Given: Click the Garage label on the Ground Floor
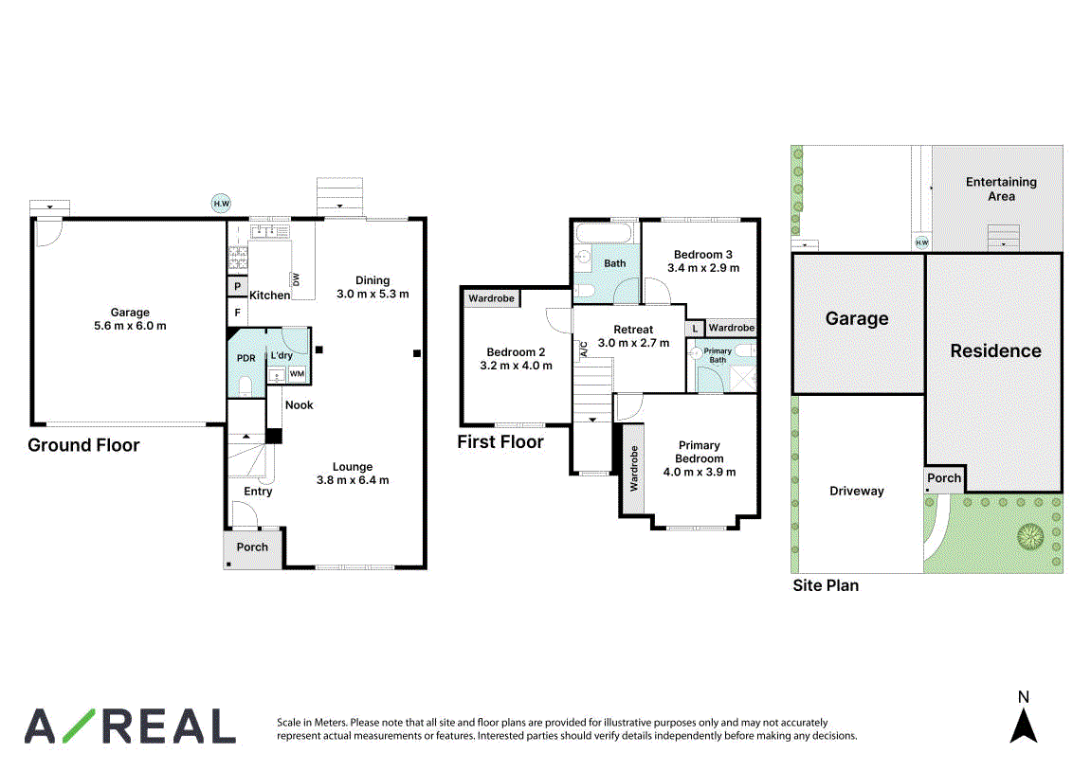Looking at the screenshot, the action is (130, 313).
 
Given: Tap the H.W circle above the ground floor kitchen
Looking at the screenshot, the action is (221, 204).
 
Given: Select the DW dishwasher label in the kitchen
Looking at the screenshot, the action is (297, 279).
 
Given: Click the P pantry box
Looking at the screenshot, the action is (237, 286).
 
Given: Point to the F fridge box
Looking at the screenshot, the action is (237, 313).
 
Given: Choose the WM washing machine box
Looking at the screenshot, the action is (297, 374).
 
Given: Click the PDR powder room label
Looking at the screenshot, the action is (246, 358).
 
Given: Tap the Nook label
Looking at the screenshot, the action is (300, 405).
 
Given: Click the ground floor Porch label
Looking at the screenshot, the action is (252, 547).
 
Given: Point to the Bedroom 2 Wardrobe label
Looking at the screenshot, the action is (491, 298).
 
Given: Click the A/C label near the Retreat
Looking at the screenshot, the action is (584, 349).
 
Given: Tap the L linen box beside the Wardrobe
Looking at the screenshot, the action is (695, 329).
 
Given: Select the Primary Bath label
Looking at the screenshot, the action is (718, 355).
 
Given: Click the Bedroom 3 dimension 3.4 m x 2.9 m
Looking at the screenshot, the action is (703, 268).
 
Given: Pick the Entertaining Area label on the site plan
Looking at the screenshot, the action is (1001, 189).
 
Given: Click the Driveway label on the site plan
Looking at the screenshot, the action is (857, 491).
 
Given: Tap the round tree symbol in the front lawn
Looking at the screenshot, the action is (1030, 537).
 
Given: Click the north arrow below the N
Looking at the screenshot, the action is (1024, 726).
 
